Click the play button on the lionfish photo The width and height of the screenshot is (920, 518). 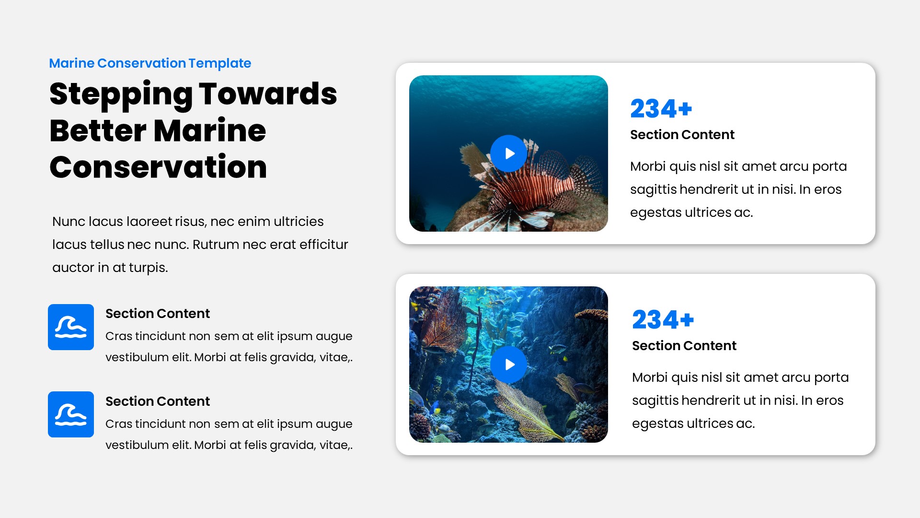[x=508, y=153]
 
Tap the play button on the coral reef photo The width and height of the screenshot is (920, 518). [x=508, y=365]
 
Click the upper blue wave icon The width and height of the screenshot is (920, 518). [x=71, y=327]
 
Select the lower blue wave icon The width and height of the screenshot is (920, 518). [x=71, y=414]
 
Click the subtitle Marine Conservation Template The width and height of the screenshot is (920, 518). [x=150, y=63]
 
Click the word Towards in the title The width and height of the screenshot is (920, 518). [x=268, y=94]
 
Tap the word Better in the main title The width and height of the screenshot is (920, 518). [x=98, y=130]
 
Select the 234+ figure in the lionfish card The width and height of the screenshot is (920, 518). [x=661, y=108]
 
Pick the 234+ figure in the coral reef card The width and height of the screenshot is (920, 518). [x=663, y=319]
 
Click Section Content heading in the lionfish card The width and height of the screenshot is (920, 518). [x=682, y=135]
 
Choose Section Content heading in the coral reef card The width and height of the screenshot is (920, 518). [x=684, y=346]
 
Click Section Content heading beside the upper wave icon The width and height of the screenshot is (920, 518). [x=158, y=314]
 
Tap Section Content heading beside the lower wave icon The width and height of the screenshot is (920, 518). [x=158, y=401]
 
